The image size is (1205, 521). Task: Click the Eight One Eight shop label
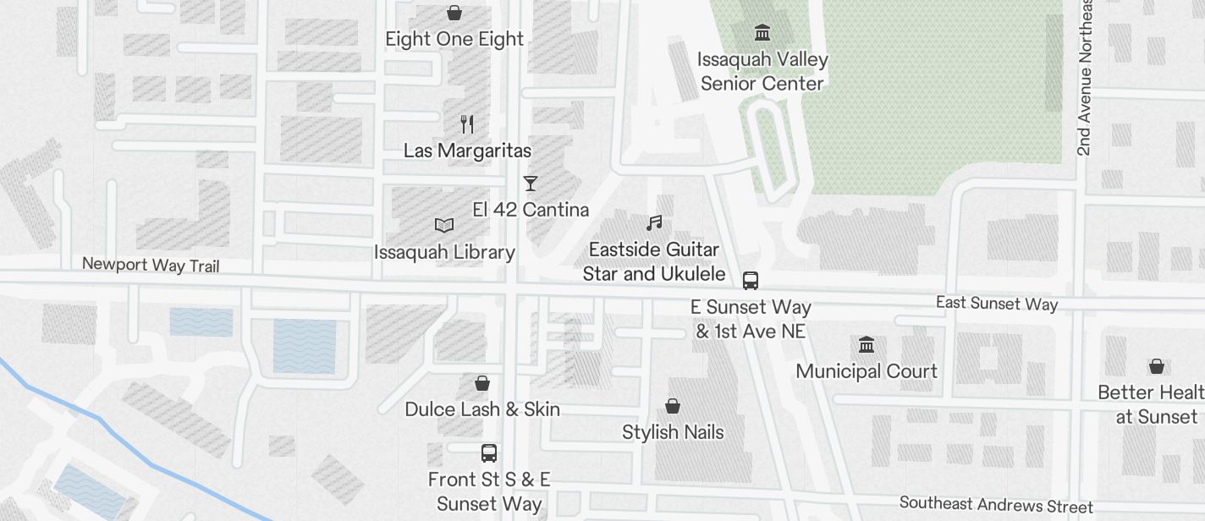pyautogui.click(x=454, y=39)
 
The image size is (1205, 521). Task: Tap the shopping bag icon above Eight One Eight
pyautogui.click(x=454, y=13)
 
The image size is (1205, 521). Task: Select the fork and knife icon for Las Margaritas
pyautogui.click(x=467, y=124)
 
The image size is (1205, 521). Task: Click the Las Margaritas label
pyautogui.click(x=467, y=151)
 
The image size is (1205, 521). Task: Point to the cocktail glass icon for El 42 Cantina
pyautogui.click(x=531, y=183)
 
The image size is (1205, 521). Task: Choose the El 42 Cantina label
pyautogui.click(x=531, y=210)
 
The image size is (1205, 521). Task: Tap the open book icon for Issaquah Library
pyautogui.click(x=444, y=225)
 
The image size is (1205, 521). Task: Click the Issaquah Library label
pyautogui.click(x=444, y=252)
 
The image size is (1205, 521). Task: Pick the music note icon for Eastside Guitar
pyautogui.click(x=654, y=223)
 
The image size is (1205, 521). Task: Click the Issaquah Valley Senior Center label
pyautogui.click(x=762, y=71)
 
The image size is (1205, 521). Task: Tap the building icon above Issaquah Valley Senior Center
pyautogui.click(x=762, y=33)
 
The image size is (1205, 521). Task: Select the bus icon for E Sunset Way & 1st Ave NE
pyautogui.click(x=751, y=281)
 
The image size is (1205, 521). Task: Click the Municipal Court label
pyautogui.click(x=867, y=371)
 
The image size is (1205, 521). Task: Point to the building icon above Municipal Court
pyautogui.click(x=867, y=345)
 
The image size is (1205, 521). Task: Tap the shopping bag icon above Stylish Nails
pyautogui.click(x=673, y=407)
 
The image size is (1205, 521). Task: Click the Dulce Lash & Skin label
pyautogui.click(x=482, y=409)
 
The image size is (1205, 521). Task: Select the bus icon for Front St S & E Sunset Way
pyautogui.click(x=489, y=453)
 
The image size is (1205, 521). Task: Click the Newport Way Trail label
pyautogui.click(x=151, y=265)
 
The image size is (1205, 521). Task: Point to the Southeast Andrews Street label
pyautogui.click(x=996, y=505)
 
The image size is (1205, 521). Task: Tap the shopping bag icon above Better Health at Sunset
pyautogui.click(x=1157, y=366)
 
